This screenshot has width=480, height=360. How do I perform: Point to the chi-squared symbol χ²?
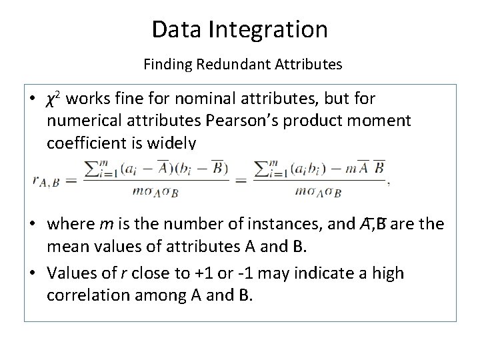coord(54,99)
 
